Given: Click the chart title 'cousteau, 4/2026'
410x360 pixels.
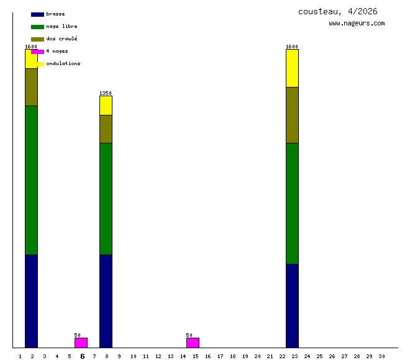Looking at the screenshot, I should (x=337, y=11).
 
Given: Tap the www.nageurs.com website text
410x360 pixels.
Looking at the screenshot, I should (x=357, y=24).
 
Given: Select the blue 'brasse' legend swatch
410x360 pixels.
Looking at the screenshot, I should (x=37, y=14).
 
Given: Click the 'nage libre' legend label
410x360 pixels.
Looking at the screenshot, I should (x=61, y=27).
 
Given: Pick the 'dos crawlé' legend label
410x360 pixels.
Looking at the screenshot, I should (x=61, y=39).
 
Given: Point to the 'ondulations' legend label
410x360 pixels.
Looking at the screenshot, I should (x=63, y=64).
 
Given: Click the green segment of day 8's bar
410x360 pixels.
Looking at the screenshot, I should (x=106, y=199).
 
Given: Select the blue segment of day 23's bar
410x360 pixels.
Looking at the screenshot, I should (x=292, y=305).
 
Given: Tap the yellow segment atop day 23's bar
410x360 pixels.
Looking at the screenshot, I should (x=292, y=68).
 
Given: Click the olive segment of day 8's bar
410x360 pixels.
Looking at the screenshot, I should (x=106, y=129).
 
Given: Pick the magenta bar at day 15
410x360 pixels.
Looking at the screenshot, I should (x=193, y=343).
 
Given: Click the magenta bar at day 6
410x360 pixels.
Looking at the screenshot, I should (x=81, y=343).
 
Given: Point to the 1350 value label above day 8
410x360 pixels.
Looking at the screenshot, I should (x=106, y=93).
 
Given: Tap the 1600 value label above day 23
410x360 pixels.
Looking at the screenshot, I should (x=292, y=47).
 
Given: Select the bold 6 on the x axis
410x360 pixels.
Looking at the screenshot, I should (x=82, y=356).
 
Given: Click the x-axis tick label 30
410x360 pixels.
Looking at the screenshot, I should (x=381, y=356).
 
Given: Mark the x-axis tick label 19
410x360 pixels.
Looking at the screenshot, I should (x=245, y=356).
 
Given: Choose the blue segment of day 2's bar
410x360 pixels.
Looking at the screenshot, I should (x=31, y=301).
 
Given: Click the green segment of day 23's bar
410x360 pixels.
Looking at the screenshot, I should (x=292, y=204).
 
